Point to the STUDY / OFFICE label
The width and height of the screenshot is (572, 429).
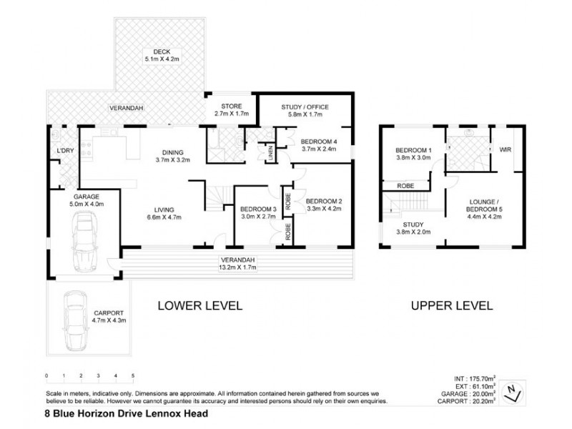tap(304, 107)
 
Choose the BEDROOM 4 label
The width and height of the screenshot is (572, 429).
tap(318, 141)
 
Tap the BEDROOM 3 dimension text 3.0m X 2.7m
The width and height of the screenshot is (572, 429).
tap(257, 216)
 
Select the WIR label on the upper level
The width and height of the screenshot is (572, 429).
tap(506, 149)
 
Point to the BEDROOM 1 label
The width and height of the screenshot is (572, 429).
tap(414, 149)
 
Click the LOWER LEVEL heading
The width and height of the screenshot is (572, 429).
tap(200, 305)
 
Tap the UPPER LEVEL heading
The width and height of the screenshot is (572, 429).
tap(451, 305)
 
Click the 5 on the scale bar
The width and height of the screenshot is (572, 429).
tap(133, 375)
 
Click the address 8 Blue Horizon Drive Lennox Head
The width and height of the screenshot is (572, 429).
tap(127, 414)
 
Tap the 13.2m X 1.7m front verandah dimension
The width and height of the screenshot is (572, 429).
tap(237, 267)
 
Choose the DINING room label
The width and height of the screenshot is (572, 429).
tap(172, 152)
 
